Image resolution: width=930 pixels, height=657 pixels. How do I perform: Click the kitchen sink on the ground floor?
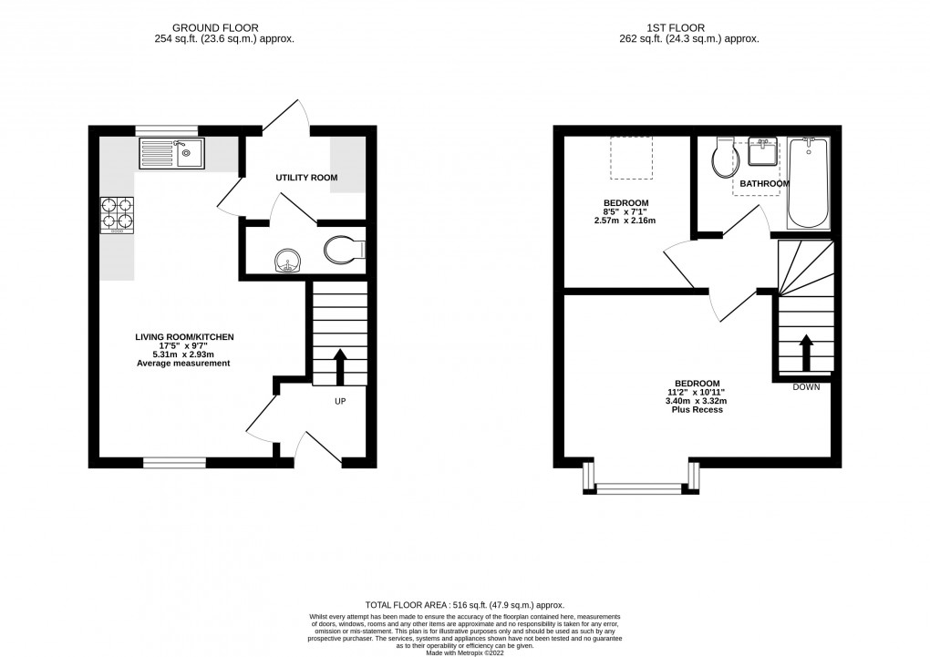coord(172,153)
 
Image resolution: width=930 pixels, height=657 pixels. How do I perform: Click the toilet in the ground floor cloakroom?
coord(346,249)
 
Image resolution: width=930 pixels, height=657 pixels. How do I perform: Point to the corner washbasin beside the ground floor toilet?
coord(288,262)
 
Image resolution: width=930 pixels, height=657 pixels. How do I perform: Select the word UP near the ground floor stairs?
coord(339,401)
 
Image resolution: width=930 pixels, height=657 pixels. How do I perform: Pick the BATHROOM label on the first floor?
coord(764,184)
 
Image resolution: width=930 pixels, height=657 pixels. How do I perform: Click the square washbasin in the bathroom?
coord(762,154)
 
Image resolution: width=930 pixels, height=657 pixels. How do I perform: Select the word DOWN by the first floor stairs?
coord(806,386)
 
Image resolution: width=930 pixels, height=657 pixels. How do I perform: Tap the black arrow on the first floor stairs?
coord(806,352)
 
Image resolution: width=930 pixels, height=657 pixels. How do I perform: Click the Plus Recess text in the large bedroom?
coord(697,411)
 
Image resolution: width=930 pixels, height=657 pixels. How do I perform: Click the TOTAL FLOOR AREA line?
coord(464,605)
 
